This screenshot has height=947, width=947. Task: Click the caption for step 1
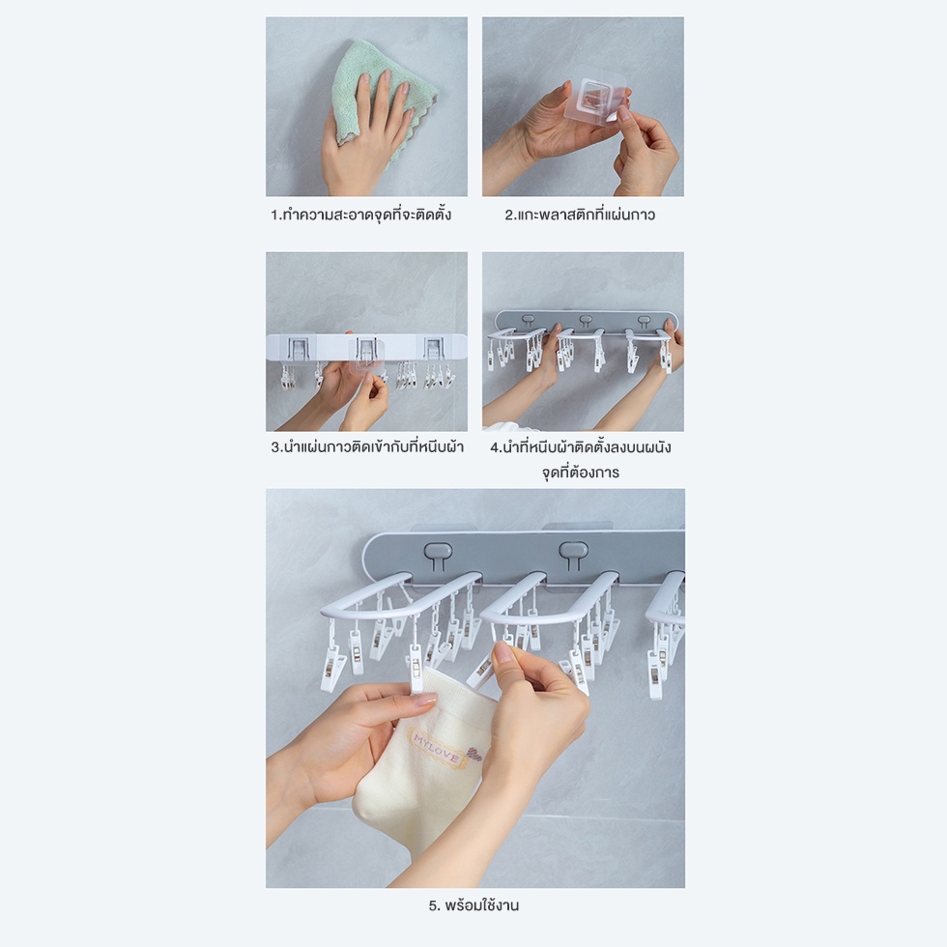(360, 215)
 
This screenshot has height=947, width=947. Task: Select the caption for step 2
(580, 215)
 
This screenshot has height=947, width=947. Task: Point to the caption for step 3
(367, 446)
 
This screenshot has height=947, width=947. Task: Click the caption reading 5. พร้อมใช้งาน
(474, 905)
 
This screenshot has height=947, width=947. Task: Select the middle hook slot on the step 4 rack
(586, 320)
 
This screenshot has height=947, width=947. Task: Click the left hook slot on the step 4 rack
(528, 319)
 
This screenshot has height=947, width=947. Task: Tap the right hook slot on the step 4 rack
(644, 320)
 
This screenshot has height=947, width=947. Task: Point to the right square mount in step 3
(434, 349)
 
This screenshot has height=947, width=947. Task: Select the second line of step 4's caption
(580, 473)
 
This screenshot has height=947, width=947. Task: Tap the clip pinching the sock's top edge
(416, 669)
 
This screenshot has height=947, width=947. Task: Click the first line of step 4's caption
(580, 446)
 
